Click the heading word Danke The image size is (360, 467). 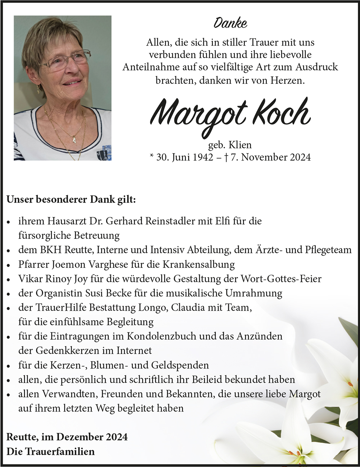[x=230, y=23]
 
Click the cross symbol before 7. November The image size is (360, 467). [x=226, y=157]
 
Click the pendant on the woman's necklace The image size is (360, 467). [x=74, y=139]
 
